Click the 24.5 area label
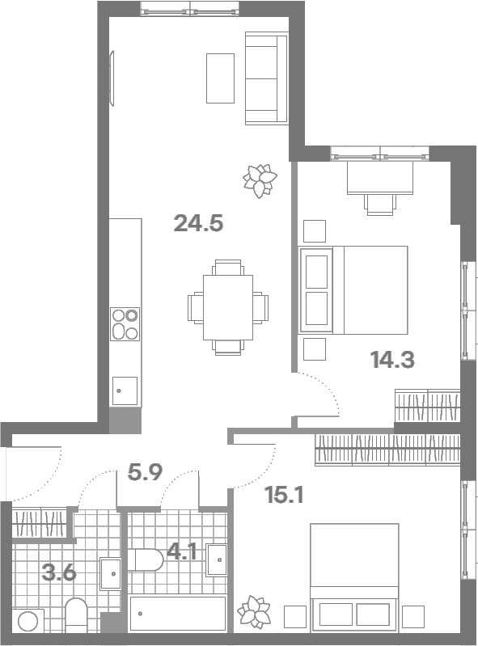[x=198, y=223]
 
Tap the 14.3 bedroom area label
[x=392, y=359]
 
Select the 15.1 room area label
[x=284, y=495]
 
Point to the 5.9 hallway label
[x=145, y=472]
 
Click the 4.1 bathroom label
[x=182, y=551]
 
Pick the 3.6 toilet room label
[x=59, y=572]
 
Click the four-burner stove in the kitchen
[x=125, y=324]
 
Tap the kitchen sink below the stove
[x=125, y=391]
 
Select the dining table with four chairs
[x=228, y=307]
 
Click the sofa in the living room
[x=267, y=78]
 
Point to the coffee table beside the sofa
[x=221, y=78]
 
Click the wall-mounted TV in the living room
[x=112, y=78]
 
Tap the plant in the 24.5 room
[x=260, y=181]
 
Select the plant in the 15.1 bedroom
[x=254, y=612]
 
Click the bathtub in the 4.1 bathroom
[x=178, y=614]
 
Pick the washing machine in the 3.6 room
[x=28, y=621]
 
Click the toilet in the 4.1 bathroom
[x=146, y=560]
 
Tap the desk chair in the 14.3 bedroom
[x=380, y=205]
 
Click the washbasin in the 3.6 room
[x=111, y=574]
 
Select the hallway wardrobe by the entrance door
[x=40, y=523]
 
